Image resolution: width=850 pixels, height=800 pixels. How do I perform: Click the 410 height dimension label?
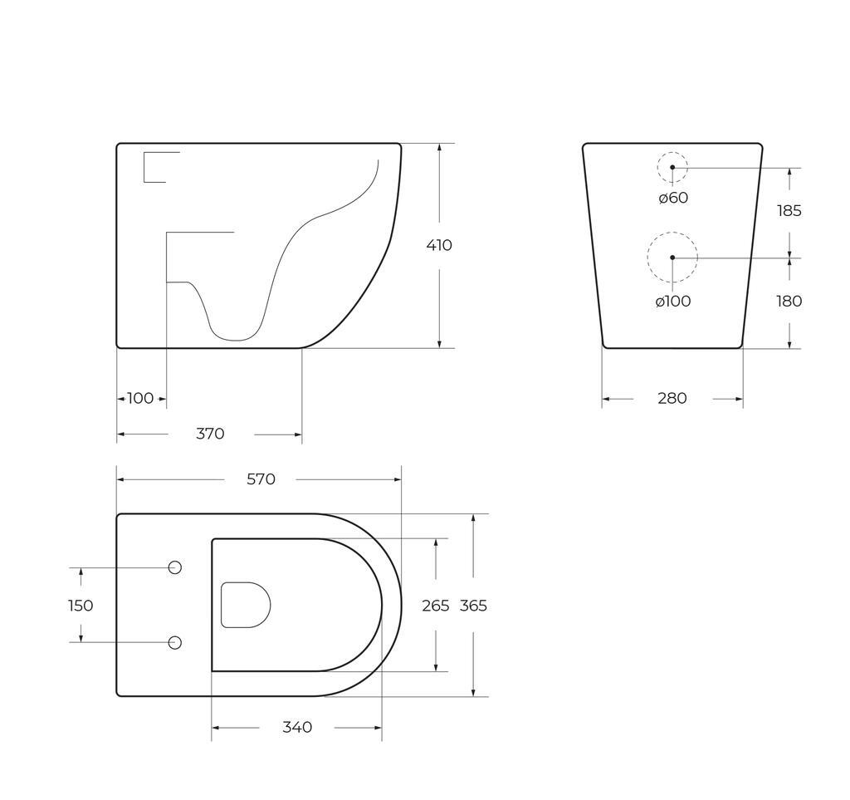[439, 245]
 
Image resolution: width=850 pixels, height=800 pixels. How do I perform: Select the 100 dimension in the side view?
[140, 398]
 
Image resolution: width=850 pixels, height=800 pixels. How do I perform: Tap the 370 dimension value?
[210, 434]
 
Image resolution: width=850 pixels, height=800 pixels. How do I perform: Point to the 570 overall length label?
[261, 479]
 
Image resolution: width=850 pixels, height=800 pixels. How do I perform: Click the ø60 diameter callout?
[673, 198]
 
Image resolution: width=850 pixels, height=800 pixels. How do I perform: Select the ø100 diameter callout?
[673, 302]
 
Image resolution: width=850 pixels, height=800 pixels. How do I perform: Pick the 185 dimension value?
[789, 211]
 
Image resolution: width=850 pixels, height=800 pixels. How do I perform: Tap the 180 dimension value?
[789, 302]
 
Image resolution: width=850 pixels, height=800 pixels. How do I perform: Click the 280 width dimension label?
[672, 399]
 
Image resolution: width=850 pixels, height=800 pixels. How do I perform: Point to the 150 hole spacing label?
[81, 606]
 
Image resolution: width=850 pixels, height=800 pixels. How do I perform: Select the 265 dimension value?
[435, 606]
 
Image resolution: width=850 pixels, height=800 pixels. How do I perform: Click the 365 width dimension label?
[473, 606]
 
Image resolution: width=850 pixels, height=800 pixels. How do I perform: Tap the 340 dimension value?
[297, 728]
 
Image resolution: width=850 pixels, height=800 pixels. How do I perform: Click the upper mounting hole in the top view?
[175, 567]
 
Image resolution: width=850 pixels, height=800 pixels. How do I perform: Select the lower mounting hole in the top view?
[175, 642]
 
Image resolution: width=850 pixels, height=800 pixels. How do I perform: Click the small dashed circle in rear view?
[672, 167]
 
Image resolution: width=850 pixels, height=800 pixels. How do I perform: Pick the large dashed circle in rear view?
[672, 258]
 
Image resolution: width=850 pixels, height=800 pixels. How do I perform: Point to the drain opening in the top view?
[246, 605]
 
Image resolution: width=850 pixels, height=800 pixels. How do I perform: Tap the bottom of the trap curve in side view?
[236, 339]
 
